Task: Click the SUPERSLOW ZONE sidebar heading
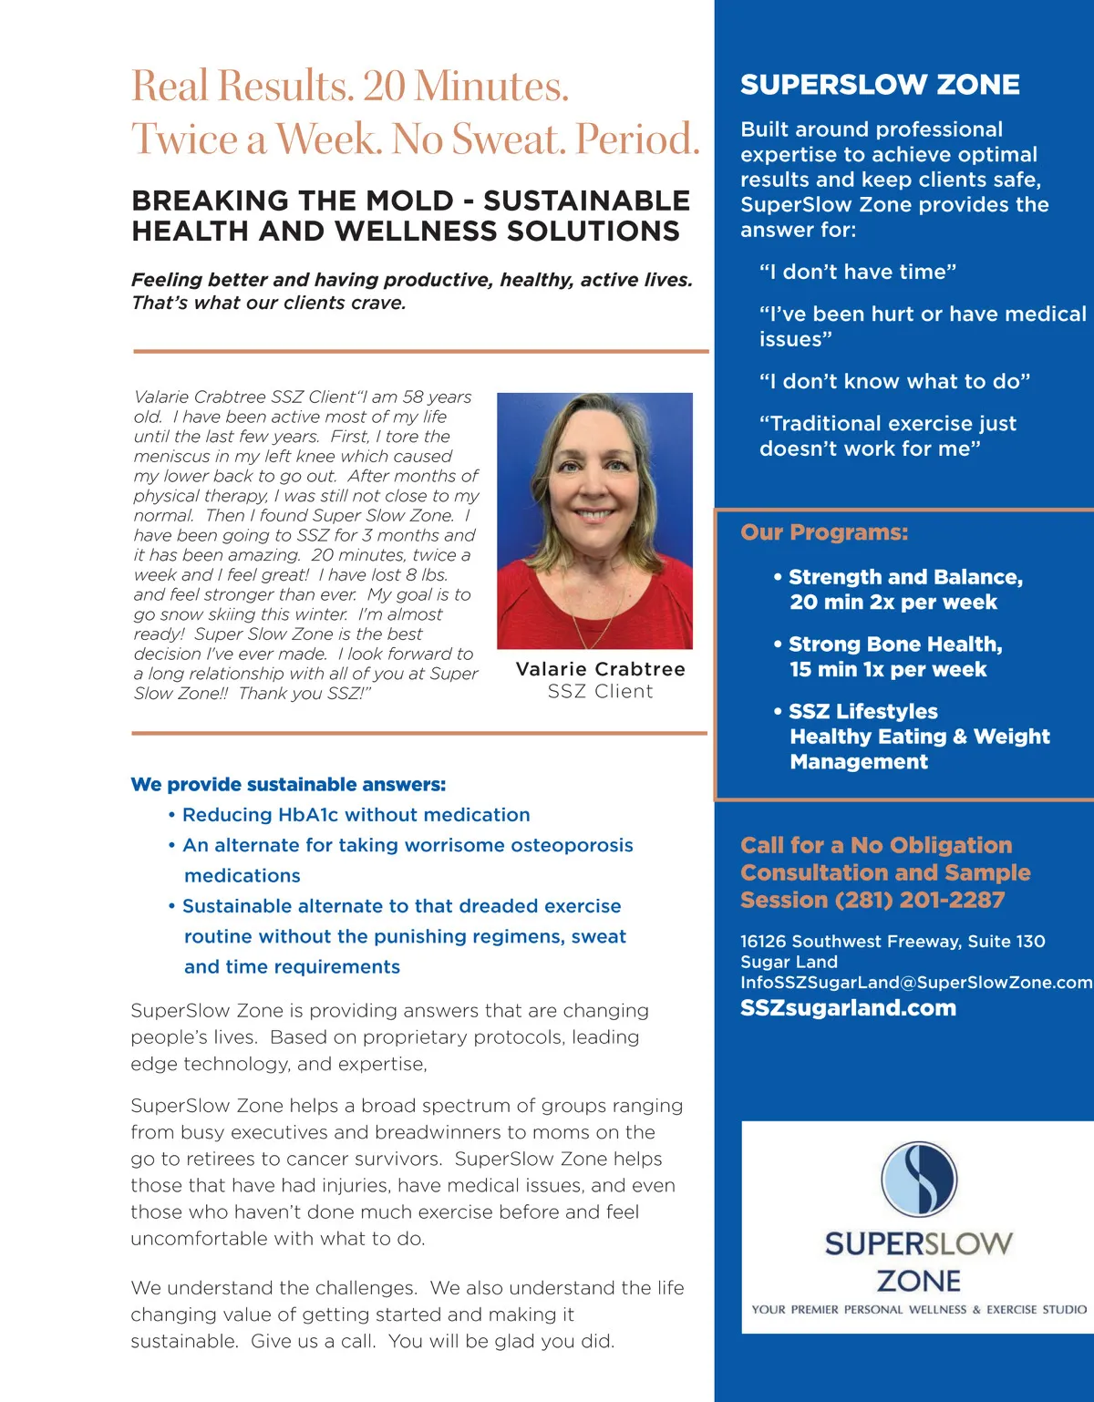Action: (880, 85)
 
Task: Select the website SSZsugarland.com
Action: (848, 1008)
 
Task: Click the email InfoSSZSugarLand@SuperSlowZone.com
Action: (915, 983)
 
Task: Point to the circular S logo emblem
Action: (919, 1179)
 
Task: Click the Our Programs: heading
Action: (824, 532)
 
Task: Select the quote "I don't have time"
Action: (857, 272)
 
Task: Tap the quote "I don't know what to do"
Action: (894, 381)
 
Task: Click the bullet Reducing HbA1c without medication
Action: (356, 815)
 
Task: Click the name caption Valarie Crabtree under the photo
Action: (600, 669)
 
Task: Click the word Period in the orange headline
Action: (637, 139)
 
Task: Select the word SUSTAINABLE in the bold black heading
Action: (586, 201)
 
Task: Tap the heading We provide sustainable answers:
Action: (288, 784)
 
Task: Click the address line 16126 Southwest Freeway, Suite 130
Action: (893, 942)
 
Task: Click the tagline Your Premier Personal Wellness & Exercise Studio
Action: (919, 1310)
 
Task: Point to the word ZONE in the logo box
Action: (918, 1281)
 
